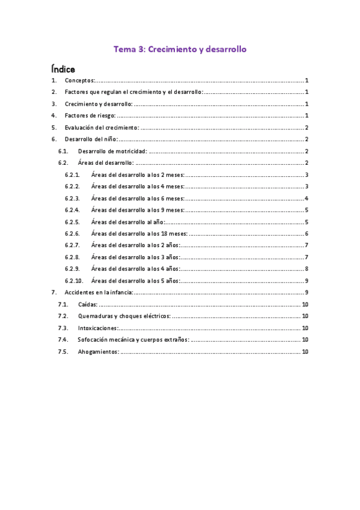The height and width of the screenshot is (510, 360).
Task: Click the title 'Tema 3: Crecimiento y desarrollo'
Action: (x=180, y=49)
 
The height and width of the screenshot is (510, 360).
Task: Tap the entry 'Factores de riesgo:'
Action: (x=90, y=115)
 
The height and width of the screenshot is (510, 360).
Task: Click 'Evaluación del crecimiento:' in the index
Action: (x=102, y=127)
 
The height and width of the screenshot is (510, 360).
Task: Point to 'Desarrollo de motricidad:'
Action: (x=112, y=151)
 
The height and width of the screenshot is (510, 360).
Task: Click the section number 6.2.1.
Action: (x=73, y=174)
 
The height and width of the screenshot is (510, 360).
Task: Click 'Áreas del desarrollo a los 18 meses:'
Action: (x=139, y=233)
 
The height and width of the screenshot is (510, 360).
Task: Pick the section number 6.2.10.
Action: (x=74, y=281)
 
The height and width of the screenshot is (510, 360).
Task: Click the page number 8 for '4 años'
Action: (x=307, y=269)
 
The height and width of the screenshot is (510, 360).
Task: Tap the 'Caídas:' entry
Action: (x=88, y=304)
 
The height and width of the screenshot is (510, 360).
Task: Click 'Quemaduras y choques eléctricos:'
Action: (x=124, y=316)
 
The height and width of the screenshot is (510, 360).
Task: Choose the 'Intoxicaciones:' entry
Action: (x=98, y=328)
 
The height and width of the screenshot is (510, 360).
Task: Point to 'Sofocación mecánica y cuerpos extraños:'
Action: (x=133, y=340)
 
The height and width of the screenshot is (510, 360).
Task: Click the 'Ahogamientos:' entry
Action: (x=99, y=352)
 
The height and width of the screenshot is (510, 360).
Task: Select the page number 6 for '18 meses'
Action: (x=307, y=233)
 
